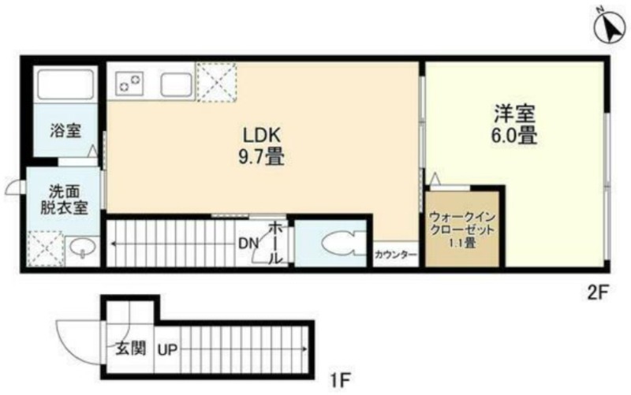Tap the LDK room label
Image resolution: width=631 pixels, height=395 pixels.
261,135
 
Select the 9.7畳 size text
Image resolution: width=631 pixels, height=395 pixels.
261,156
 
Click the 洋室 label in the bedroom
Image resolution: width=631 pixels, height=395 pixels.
515,114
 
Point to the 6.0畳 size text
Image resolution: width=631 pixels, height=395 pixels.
514,135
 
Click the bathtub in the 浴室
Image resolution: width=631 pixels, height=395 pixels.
65,84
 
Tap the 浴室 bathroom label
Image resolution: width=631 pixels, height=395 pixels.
65,130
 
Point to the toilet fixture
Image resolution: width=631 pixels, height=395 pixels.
338,244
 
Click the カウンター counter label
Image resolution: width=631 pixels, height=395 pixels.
395,254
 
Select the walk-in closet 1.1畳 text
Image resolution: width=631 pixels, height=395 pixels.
462,243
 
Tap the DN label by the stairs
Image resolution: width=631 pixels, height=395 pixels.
248,244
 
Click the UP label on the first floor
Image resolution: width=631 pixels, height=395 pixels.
167,350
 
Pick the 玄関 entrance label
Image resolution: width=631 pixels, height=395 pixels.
130,348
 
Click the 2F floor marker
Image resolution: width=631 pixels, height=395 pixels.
599,293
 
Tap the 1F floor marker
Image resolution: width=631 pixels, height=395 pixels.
342,380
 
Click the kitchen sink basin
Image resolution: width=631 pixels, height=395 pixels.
176,84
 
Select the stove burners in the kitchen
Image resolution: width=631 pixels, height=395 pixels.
129,83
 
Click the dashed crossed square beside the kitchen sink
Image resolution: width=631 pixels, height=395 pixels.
216,83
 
